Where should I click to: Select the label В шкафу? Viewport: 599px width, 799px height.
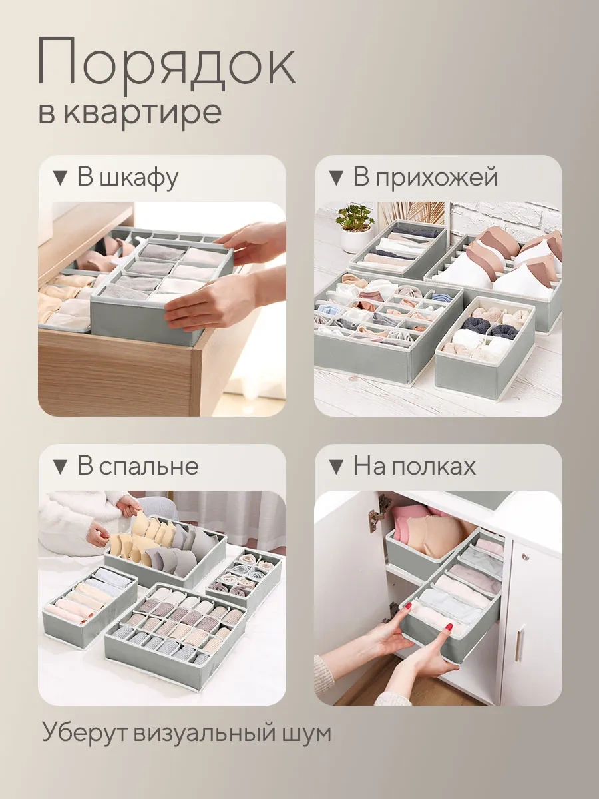tap(128, 178)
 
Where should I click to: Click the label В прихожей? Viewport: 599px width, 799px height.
tap(425, 178)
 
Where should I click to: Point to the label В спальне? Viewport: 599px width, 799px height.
tap(138, 466)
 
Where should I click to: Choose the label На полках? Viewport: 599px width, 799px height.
tap(415, 466)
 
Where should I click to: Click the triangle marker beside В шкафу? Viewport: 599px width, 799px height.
tap(60, 178)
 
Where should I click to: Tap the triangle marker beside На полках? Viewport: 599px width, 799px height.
tap(336, 467)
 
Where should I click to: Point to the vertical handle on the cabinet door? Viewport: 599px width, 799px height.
tap(520, 643)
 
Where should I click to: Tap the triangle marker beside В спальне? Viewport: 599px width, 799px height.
tap(60, 467)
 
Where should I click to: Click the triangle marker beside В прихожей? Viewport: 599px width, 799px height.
tap(336, 178)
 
